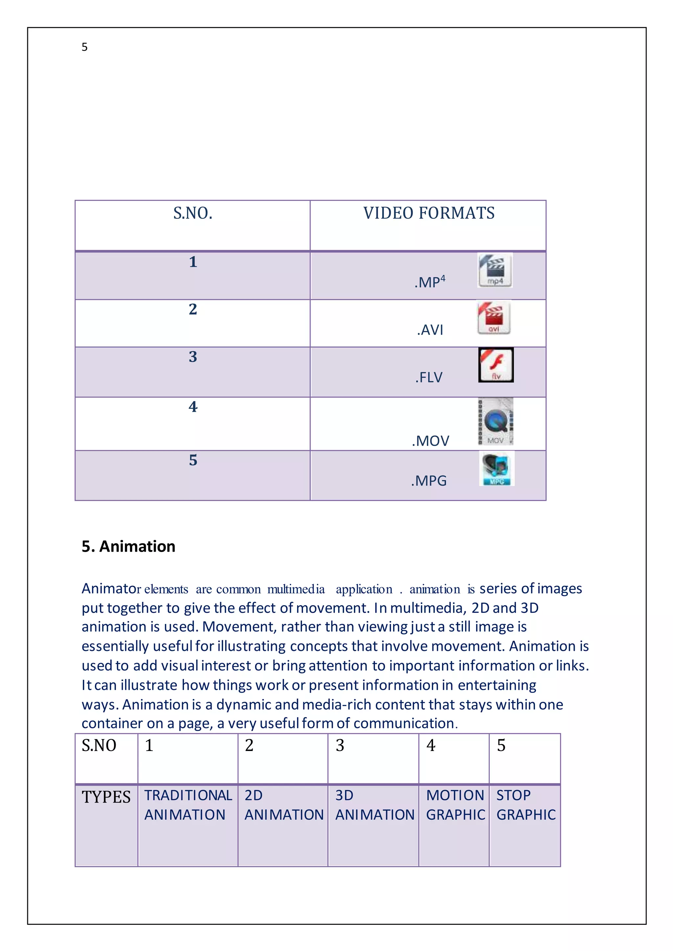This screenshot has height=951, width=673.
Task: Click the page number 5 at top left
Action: click(84, 47)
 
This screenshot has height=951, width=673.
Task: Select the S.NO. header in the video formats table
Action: click(193, 213)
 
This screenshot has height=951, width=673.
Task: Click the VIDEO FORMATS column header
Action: click(429, 213)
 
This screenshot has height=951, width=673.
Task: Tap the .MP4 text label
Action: click(430, 282)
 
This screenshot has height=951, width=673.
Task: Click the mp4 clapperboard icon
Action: click(495, 270)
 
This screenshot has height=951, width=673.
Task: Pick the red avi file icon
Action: click(494, 318)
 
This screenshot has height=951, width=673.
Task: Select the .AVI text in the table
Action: click(430, 330)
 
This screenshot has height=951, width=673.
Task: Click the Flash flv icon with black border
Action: click(496, 365)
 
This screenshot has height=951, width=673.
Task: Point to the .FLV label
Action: click(429, 377)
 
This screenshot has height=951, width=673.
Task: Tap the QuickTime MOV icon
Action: click(496, 422)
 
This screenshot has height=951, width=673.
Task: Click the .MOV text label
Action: click(430, 441)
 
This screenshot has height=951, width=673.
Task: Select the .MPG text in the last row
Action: click(429, 481)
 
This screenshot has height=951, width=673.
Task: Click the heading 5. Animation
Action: click(128, 546)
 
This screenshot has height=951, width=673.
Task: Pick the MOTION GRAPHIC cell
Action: click(455, 805)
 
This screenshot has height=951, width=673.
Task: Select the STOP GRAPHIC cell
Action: click(525, 805)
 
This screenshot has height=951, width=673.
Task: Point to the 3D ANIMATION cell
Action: click(375, 805)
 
